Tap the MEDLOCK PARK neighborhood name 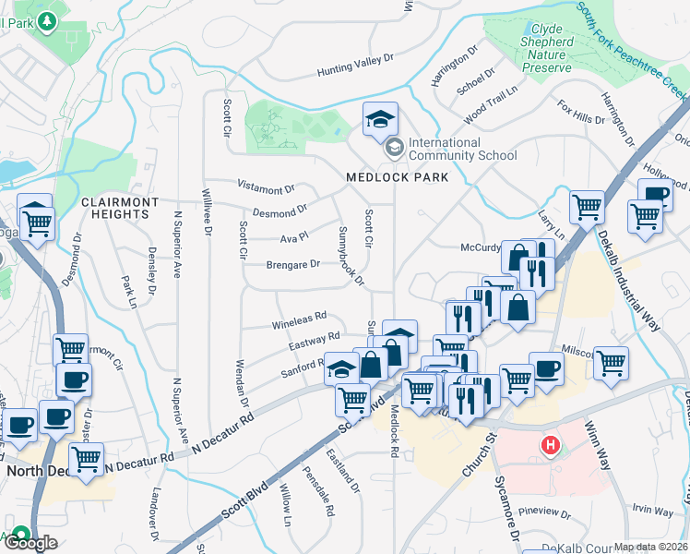click(x=397, y=177)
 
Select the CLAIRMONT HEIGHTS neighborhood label click(x=114, y=208)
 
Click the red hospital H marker click(x=551, y=447)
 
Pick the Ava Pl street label click(x=293, y=238)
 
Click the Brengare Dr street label click(x=292, y=264)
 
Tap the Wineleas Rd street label click(x=299, y=320)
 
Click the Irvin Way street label click(x=653, y=509)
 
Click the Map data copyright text click(x=650, y=547)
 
